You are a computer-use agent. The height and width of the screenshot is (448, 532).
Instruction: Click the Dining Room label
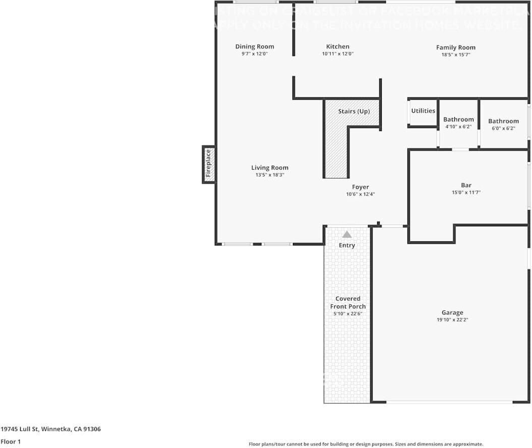pos(255,46)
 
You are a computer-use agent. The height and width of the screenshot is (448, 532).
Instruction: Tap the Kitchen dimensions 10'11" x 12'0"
pos(337,53)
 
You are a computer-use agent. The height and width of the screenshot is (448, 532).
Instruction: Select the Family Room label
pos(455,47)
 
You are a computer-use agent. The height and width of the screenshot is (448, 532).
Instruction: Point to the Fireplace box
pos(209,165)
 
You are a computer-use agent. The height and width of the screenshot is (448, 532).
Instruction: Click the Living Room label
pos(270,168)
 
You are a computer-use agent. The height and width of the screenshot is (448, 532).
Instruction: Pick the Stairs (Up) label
pos(353,111)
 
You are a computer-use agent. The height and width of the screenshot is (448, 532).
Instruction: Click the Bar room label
pos(466,185)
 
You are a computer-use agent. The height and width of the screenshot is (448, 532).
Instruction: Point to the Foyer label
pos(360,187)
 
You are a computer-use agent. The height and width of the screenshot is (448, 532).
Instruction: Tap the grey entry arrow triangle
pos(347,234)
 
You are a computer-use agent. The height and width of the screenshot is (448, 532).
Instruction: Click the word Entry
pos(347,245)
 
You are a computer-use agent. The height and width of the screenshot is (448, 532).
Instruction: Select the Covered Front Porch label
pos(348,302)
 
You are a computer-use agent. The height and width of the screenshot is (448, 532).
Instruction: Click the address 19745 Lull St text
pos(50,429)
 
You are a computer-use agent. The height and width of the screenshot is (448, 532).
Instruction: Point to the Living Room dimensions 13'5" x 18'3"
pos(270,175)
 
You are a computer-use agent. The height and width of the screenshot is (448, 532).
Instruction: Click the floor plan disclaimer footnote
pos(366,444)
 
